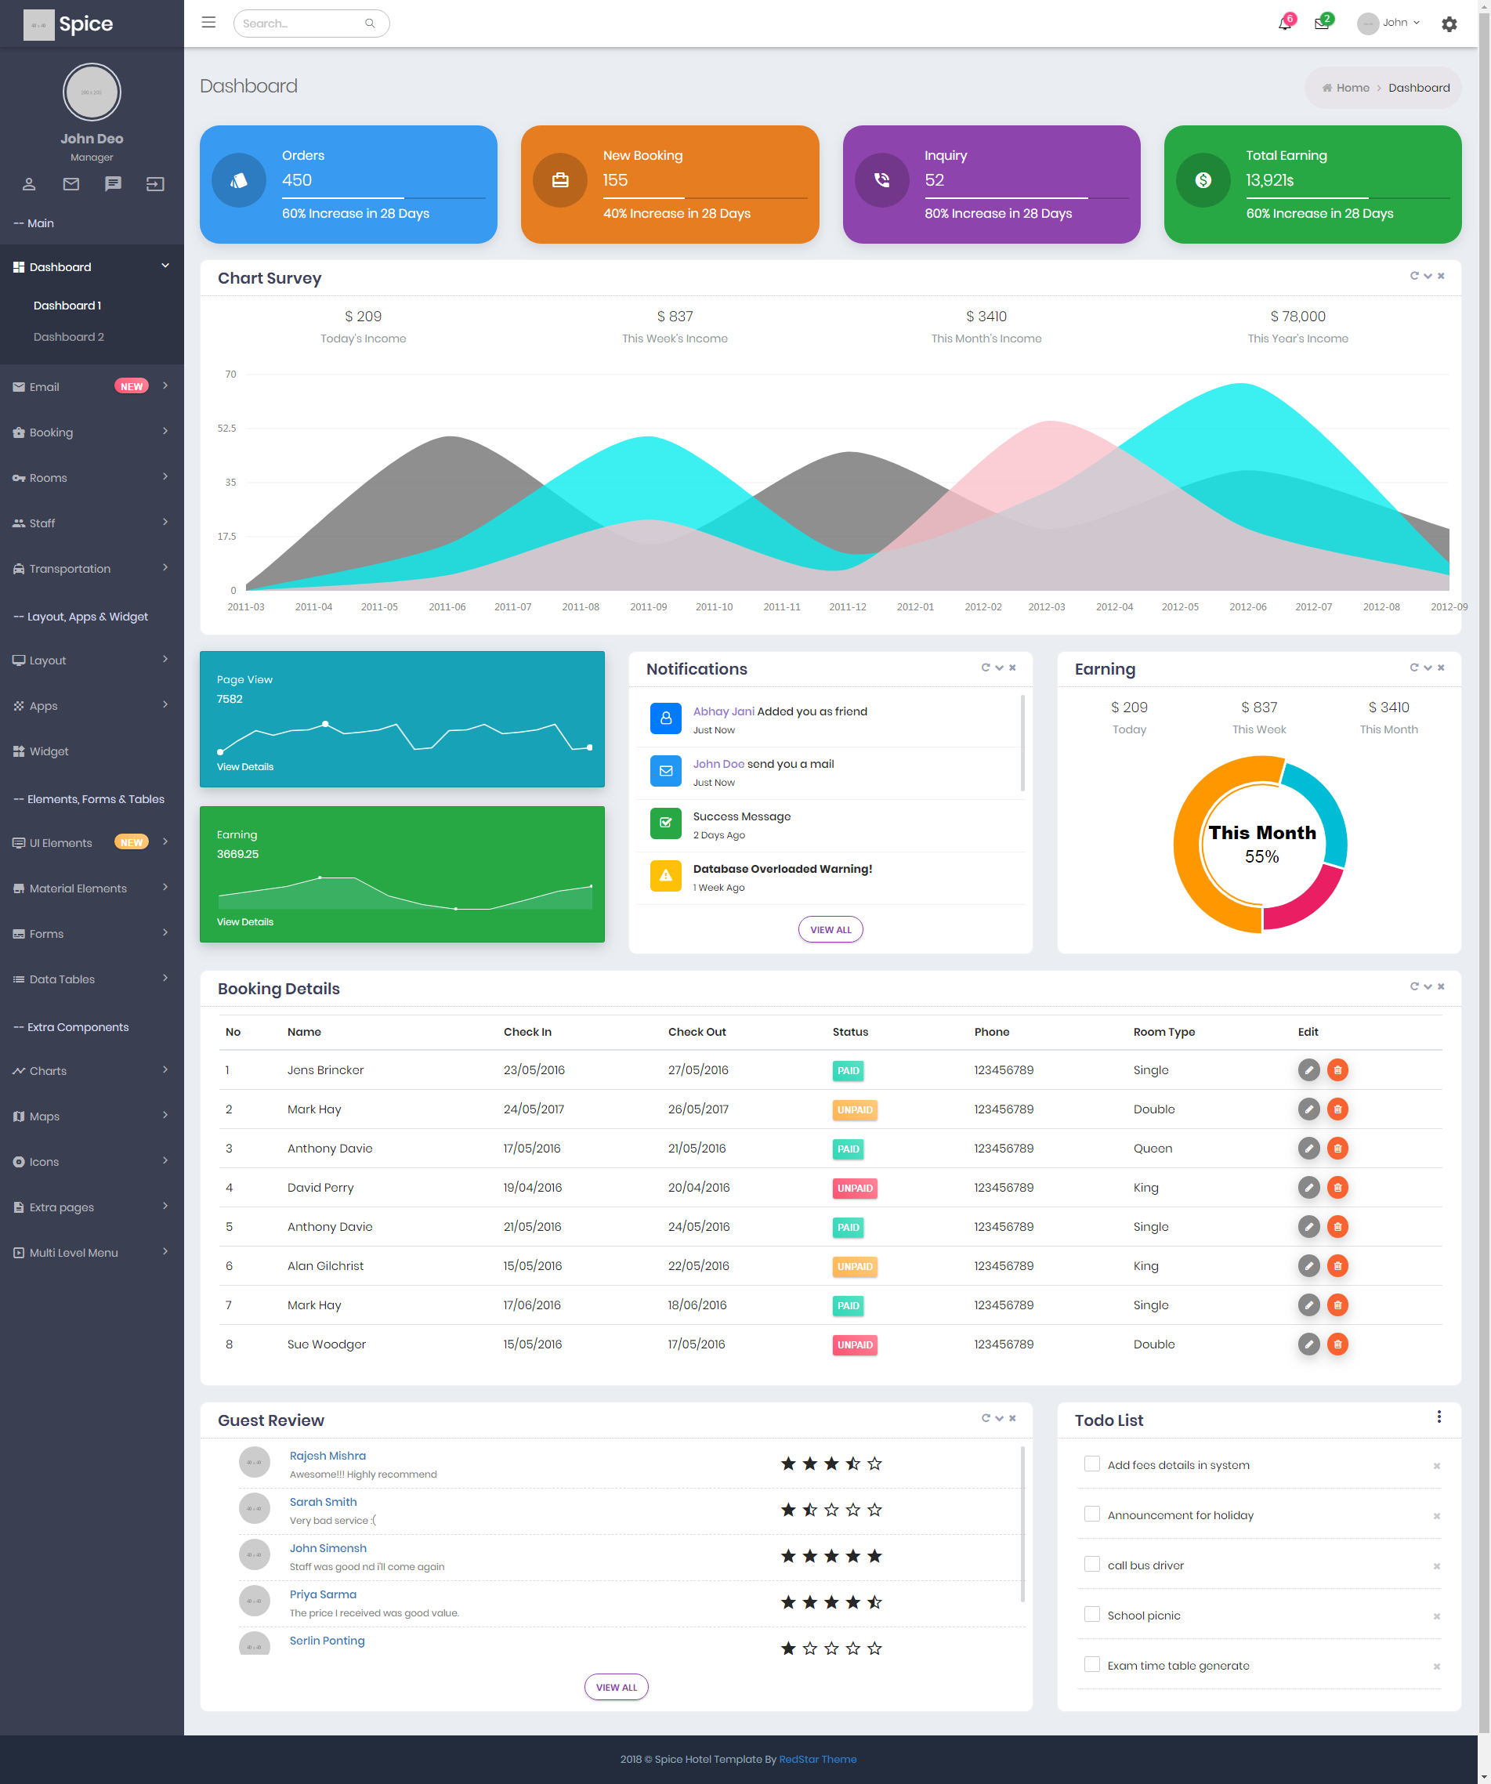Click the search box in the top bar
tap(311, 24)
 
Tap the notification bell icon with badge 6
tap(1285, 24)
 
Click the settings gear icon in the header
tap(1449, 24)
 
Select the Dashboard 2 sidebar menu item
tap(69, 337)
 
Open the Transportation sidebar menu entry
tap(70, 569)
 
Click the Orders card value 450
tap(298, 180)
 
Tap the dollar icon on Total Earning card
tap(1203, 180)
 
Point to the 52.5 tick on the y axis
tap(227, 428)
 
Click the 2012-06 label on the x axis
tap(1248, 607)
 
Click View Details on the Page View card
tap(244, 767)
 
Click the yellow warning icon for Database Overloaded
tap(666, 876)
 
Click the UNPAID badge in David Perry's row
tap(855, 1189)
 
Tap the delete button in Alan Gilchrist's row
tap(1337, 1266)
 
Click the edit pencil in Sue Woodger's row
tap(1308, 1344)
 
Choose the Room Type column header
tap(1164, 1032)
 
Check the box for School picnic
tap(1091, 1614)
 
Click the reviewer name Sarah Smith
tap(323, 1502)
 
